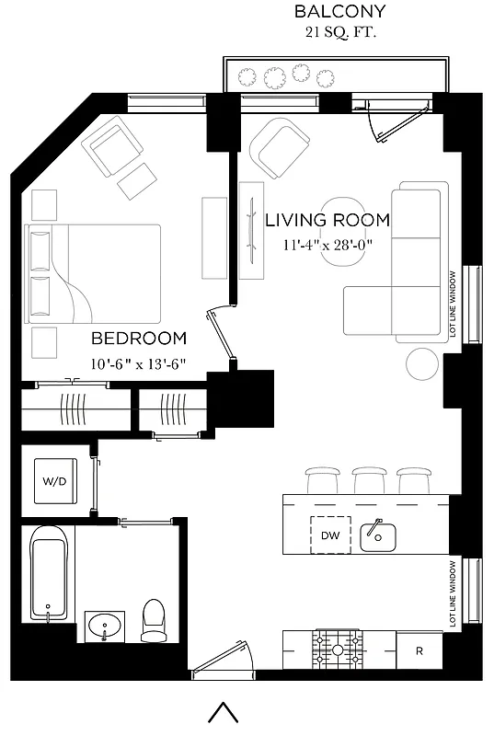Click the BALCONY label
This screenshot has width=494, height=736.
(339, 12)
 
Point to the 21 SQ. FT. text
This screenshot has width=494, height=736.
(340, 33)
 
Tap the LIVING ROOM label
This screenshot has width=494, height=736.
(327, 221)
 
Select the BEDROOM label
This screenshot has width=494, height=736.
(138, 339)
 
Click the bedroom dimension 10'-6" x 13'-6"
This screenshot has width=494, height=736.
(138, 362)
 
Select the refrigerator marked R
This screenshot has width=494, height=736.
(419, 651)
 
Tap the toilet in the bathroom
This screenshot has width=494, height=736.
(153, 621)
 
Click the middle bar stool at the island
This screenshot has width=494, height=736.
(367, 478)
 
